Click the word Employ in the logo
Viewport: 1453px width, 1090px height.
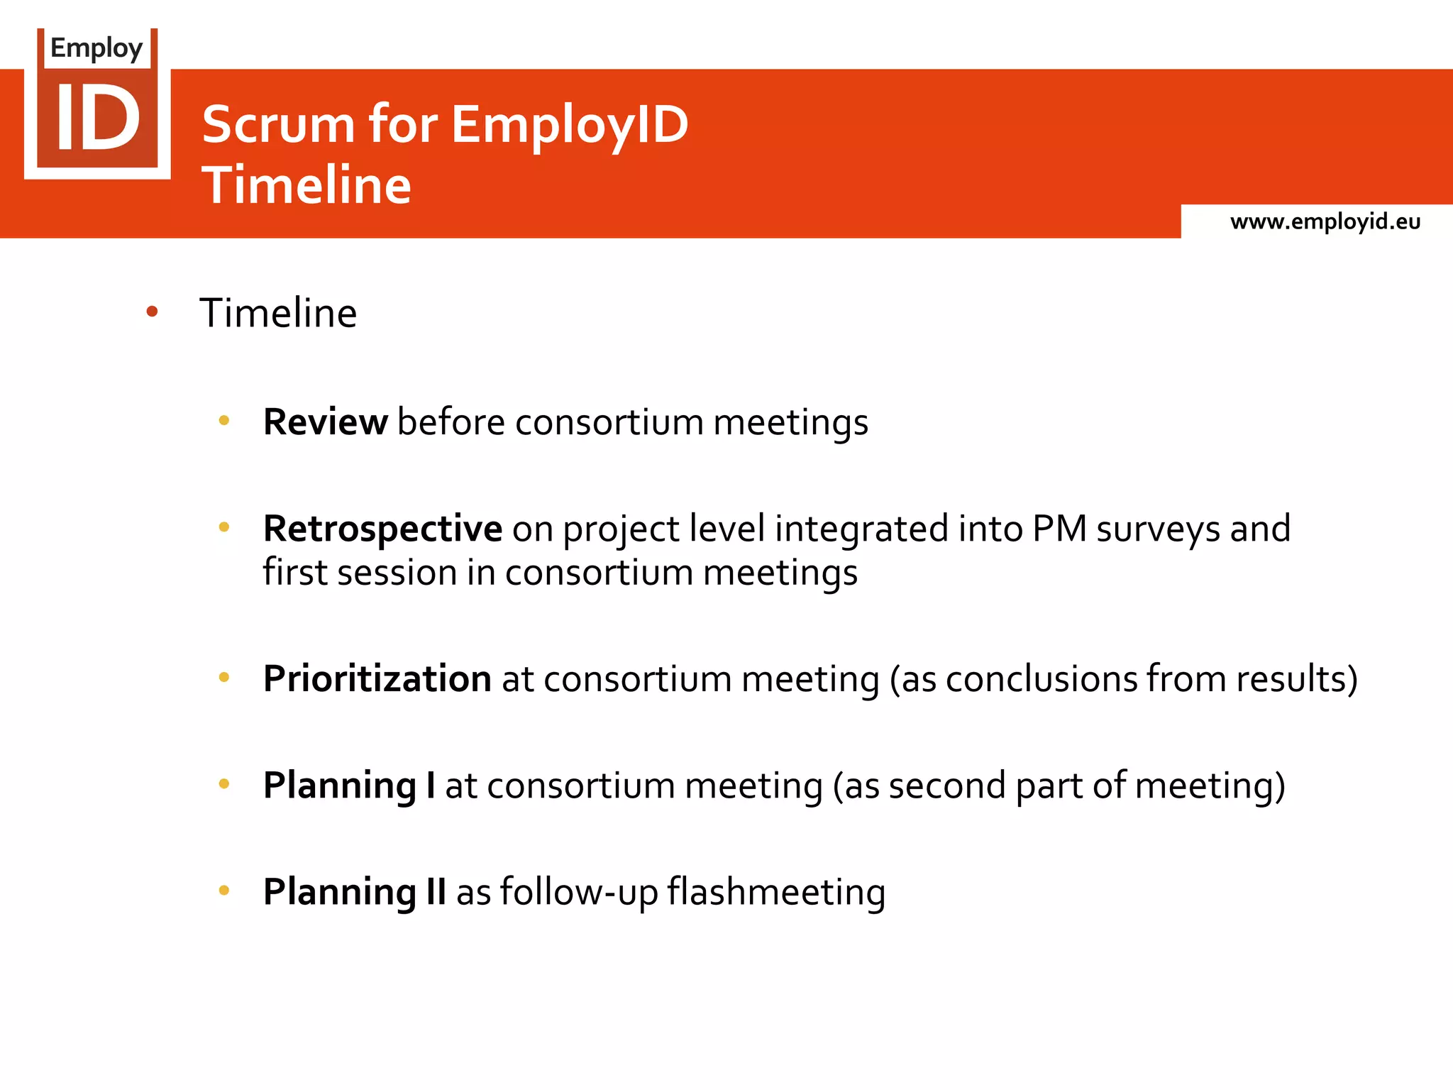[96, 48]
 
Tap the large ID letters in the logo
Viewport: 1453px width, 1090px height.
[98, 118]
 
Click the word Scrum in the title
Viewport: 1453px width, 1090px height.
[278, 125]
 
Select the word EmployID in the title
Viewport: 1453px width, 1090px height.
[570, 125]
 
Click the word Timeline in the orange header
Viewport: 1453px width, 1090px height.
[306, 185]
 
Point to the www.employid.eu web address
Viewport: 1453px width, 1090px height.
[1325, 222]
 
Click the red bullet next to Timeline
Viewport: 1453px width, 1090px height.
[152, 311]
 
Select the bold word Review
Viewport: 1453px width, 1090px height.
[325, 422]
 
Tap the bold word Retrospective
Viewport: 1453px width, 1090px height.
[382, 529]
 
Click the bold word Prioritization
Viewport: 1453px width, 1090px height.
[377, 679]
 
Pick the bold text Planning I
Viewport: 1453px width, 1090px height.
[349, 786]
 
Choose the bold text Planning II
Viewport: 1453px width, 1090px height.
[354, 892]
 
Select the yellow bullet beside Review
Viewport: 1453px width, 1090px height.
[224, 421]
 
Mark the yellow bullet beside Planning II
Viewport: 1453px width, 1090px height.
[224, 891]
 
